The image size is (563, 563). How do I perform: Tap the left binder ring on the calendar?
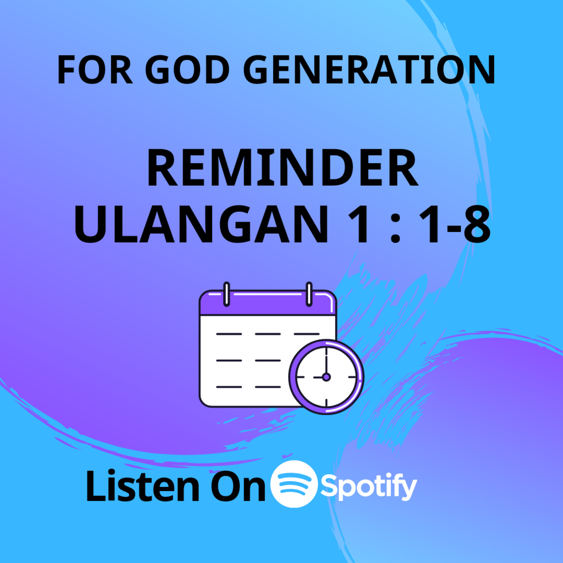tap(227, 294)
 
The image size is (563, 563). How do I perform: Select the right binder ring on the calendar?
tap(309, 294)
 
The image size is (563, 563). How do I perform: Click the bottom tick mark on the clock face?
tap(326, 402)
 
